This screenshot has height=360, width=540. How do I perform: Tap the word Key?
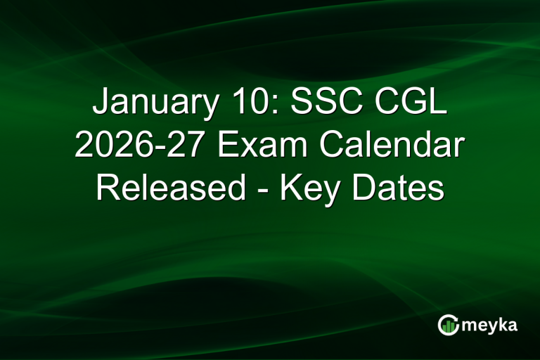308,188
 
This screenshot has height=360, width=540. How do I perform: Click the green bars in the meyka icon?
448,326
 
